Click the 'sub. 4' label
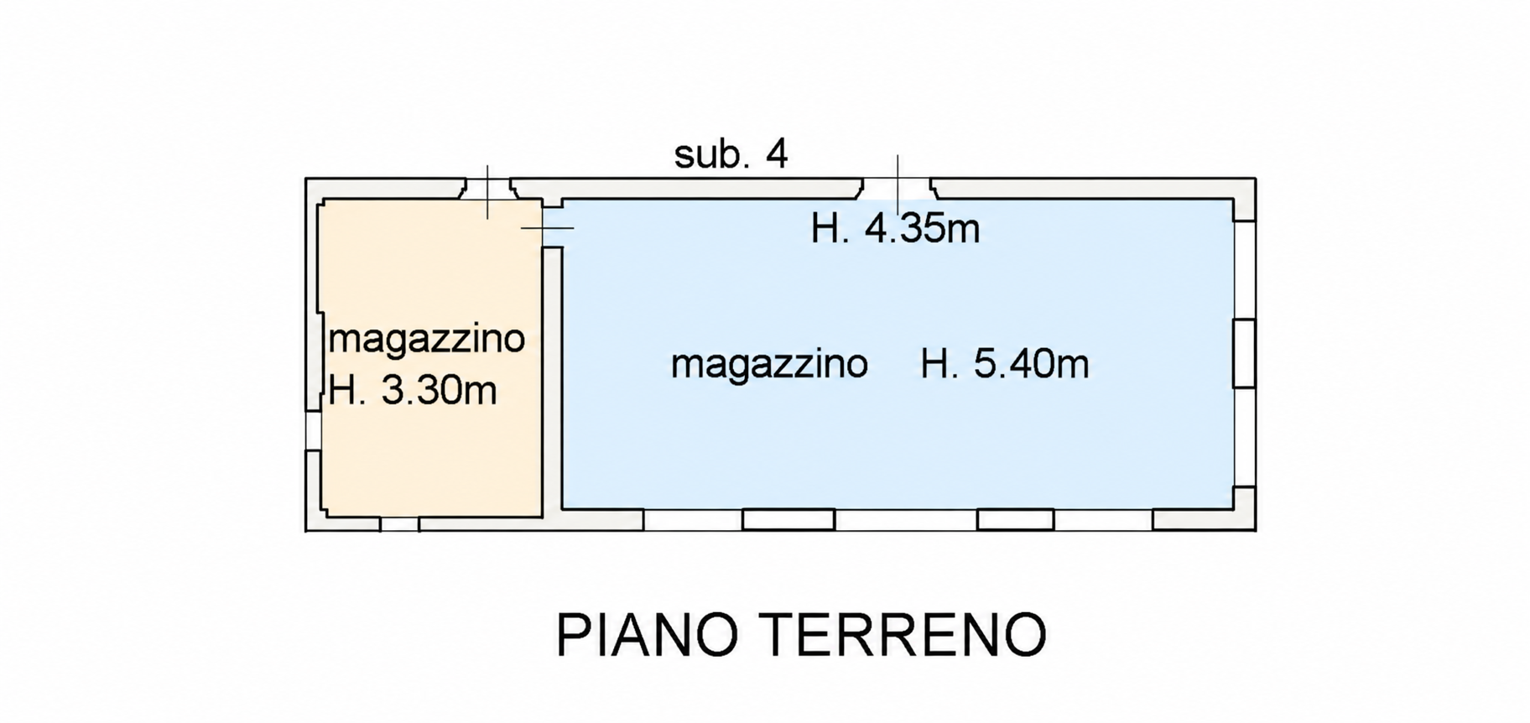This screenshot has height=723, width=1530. (x=731, y=154)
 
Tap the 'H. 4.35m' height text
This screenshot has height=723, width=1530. (x=895, y=228)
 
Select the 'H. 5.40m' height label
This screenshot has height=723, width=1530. (x=1005, y=364)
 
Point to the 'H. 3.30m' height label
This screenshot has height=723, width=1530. (x=413, y=391)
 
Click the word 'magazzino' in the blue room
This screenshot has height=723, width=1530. (x=769, y=366)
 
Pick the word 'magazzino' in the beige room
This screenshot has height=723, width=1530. (x=427, y=341)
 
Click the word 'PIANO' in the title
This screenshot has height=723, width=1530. (x=647, y=635)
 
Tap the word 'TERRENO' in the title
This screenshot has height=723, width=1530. (x=905, y=635)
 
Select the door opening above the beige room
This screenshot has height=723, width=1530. (x=488, y=188)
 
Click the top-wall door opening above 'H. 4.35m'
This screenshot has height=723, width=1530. (x=897, y=188)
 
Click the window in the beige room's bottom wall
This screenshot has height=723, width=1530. (x=399, y=524)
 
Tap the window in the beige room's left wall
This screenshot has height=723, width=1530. (x=313, y=430)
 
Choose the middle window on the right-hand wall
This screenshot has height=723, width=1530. (x=1244, y=353)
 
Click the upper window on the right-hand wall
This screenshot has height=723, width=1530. (x=1244, y=269)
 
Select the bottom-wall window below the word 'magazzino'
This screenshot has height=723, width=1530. (x=788, y=520)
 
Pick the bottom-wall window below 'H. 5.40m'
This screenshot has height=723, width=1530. (x=1015, y=520)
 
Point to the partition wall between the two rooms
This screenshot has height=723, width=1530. (x=552, y=382)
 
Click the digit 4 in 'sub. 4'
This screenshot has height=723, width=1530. (x=777, y=154)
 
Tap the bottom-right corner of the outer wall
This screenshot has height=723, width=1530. (x=1256, y=531)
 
